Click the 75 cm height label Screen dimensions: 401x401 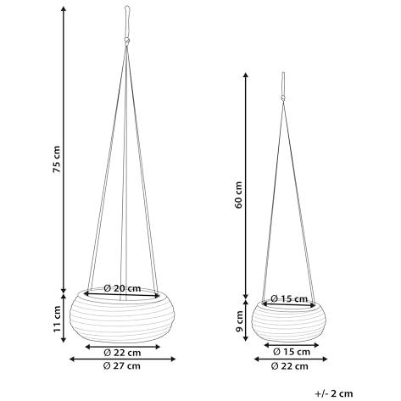(57, 159)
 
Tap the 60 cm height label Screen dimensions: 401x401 (239, 195)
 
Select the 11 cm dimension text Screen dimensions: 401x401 (57, 319)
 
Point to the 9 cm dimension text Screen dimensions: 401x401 (240, 321)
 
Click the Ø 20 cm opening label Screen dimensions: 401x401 (122, 288)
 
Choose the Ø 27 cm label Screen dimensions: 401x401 (122, 366)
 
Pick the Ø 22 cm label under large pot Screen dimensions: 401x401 (122, 353)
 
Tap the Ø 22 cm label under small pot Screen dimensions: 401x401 (290, 366)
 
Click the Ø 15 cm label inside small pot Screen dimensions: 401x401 (289, 298)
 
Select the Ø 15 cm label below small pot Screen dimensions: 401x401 (292, 352)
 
